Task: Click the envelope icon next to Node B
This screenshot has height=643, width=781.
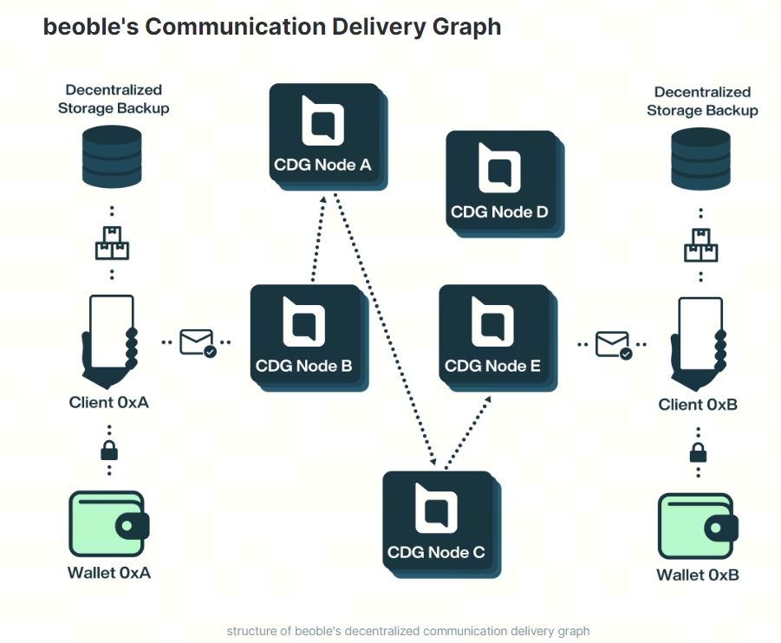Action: [x=198, y=342]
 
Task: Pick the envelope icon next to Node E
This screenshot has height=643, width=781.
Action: [x=613, y=344]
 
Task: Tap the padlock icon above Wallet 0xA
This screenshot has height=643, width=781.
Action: [x=109, y=450]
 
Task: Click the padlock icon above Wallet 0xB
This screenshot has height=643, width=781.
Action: [x=698, y=452]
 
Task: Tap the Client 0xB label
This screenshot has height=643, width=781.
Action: [x=698, y=405]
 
